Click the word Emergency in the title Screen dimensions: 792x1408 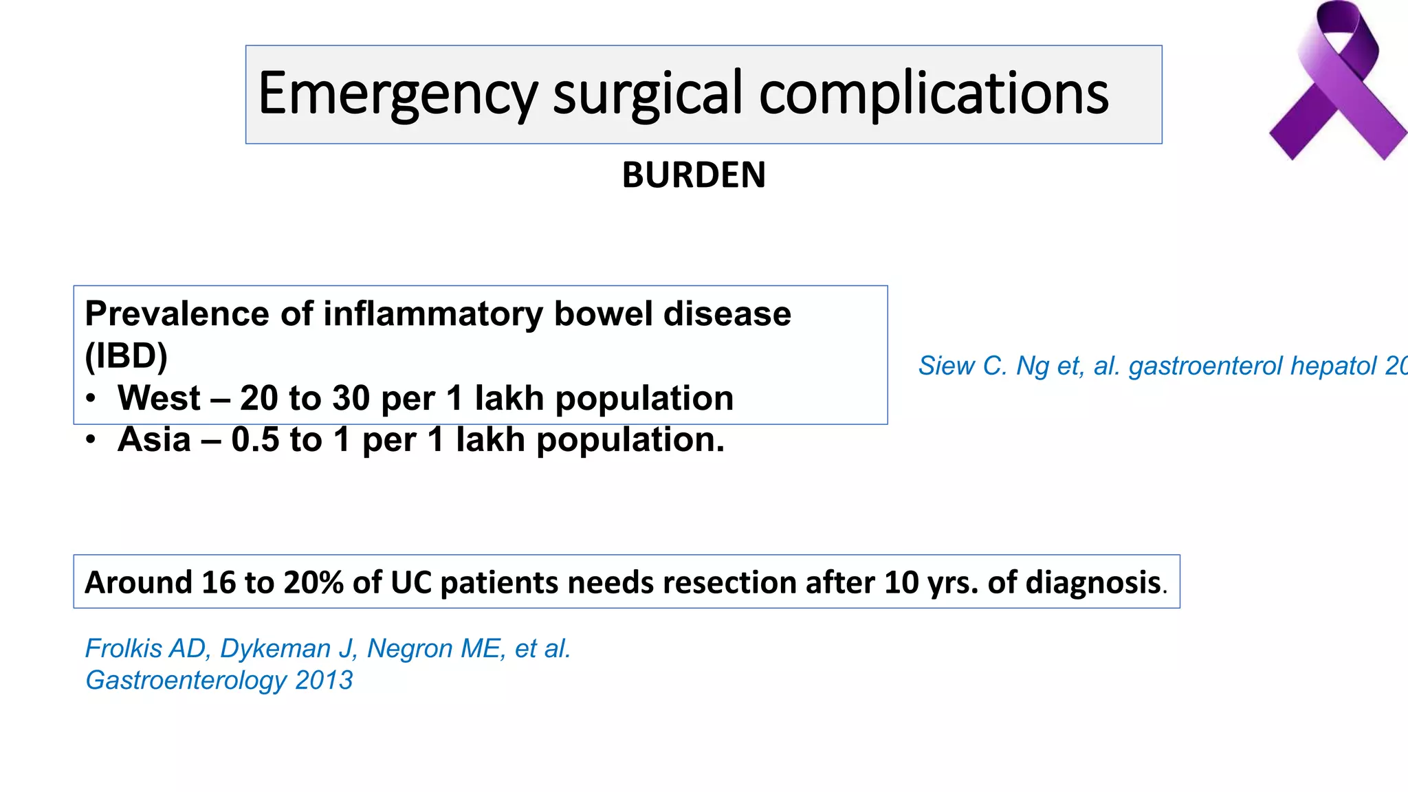click(397, 95)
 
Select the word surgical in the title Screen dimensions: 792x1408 click(648, 95)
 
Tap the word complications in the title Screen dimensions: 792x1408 click(934, 95)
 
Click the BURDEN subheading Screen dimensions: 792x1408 click(694, 175)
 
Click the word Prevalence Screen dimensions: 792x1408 click(177, 314)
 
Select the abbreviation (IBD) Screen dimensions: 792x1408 click(126, 356)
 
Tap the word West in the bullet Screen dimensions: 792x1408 click(159, 398)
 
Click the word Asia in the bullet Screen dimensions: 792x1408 click(154, 440)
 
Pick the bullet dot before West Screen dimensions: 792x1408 click(91, 399)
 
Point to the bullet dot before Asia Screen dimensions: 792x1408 click(91, 441)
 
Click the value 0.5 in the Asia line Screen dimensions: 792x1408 click(255, 440)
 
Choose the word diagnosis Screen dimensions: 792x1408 click(1093, 582)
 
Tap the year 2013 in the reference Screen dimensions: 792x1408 click(324, 681)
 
